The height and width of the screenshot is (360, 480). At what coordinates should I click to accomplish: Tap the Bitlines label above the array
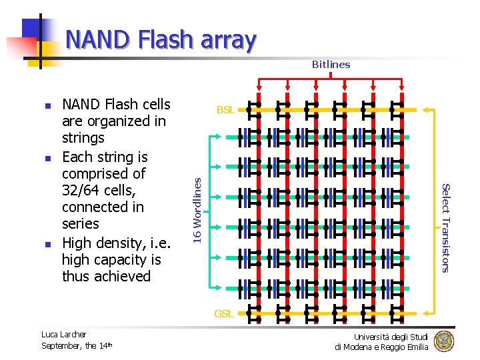coord(331,65)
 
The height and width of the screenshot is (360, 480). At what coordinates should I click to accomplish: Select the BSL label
coord(225,110)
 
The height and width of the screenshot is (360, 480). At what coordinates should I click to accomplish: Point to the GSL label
coord(223,313)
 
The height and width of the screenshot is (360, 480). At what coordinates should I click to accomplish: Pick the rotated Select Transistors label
coord(447,227)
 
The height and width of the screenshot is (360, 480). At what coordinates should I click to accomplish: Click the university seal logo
coord(444,341)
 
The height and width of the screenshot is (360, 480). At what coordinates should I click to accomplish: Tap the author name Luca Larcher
coord(63,335)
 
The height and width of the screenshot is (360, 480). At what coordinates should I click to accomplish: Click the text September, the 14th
coord(77,345)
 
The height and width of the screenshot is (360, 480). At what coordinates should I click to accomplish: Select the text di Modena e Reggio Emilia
coord(381,347)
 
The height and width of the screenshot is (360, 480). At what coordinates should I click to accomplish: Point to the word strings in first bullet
coord(83,138)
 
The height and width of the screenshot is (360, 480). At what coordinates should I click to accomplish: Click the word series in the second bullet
coord(80,224)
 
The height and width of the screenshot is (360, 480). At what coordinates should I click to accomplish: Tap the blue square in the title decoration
coord(33,29)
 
